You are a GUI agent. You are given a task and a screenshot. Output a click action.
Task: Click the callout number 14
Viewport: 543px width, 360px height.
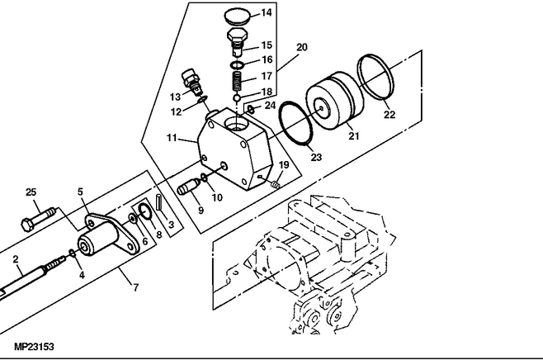point(267,13)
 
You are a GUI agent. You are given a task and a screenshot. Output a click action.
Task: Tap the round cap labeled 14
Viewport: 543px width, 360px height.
point(238,17)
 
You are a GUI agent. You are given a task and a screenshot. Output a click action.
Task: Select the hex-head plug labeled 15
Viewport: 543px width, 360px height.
point(237,41)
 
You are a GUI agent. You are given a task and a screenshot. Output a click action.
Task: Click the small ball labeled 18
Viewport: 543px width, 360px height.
point(237,98)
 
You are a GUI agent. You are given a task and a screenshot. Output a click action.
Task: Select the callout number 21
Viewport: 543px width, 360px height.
point(353,136)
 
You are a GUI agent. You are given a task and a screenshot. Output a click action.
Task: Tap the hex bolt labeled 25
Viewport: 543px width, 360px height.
point(39,219)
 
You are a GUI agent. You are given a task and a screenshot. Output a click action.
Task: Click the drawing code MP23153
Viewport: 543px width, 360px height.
point(34,347)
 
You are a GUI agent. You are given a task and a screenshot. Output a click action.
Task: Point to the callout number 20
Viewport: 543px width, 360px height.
point(302,47)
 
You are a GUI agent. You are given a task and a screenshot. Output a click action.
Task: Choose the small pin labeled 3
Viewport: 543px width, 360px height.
point(159,202)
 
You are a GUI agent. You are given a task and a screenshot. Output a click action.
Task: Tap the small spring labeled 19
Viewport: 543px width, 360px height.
point(276,185)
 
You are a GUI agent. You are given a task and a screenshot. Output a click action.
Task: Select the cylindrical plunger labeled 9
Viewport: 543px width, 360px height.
point(188,186)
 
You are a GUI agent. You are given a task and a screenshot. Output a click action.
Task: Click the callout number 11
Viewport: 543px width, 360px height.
point(172,138)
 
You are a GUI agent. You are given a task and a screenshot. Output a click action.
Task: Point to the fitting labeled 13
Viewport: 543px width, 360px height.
point(191,82)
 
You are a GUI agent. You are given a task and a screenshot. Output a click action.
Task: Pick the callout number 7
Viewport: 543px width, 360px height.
point(135,287)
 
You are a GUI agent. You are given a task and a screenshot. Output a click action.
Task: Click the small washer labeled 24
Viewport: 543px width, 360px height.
point(252,110)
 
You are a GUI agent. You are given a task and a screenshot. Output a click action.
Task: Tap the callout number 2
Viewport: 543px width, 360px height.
point(15,259)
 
